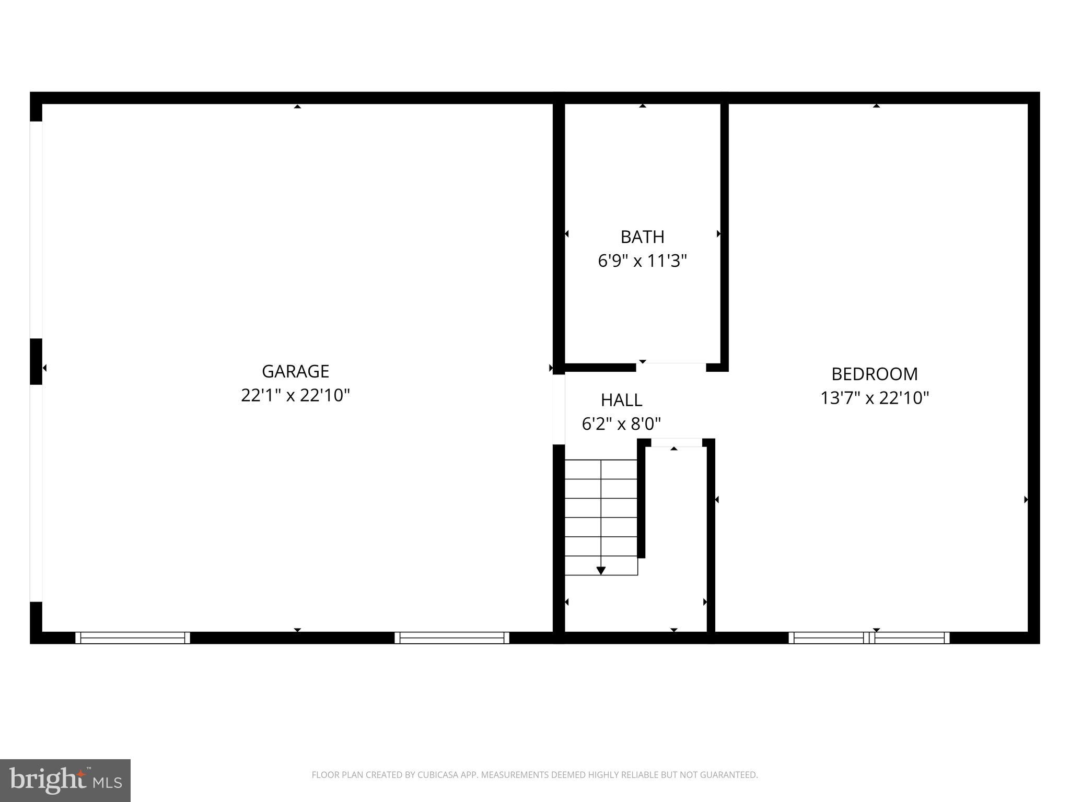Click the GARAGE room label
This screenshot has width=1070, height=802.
click(x=295, y=371)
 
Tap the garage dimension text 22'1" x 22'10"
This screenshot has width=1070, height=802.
click(x=295, y=395)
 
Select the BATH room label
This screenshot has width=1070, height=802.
click(x=642, y=237)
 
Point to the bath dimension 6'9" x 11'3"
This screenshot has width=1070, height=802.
click(x=642, y=261)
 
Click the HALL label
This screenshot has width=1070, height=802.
click(x=621, y=400)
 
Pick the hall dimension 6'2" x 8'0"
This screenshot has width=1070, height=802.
click(x=621, y=423)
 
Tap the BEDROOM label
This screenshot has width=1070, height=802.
click(x=874, y=374)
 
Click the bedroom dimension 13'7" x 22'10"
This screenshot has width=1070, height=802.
click(x=874, y=398)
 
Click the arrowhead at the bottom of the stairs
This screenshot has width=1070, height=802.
click(x=601, y=570)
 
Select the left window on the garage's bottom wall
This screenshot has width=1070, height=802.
click(x=133, y=638)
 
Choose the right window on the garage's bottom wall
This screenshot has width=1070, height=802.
click(x=451, y=638)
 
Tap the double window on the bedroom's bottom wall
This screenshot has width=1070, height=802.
click(x=869, y=638)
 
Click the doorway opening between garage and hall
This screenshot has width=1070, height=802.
click(x=559, y=409)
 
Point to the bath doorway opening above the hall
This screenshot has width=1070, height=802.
click(x=671, y=367)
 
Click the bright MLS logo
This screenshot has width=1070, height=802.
click(x=65, y=780)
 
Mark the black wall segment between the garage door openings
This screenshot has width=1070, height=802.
click(x=36, y=361)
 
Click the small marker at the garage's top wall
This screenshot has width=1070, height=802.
click(x=297, y=107)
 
